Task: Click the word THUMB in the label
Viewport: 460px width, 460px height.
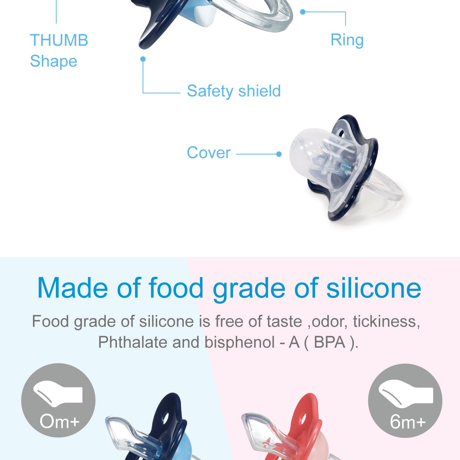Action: tap(59, 40)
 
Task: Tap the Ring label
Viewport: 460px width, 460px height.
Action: tap(347, 40)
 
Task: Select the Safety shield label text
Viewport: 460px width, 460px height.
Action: tap(234, 91)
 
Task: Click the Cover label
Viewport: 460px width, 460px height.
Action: tap(209, 153)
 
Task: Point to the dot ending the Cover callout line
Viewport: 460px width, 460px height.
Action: tap(279, 154)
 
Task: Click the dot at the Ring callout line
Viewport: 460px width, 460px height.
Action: tap(302, 12)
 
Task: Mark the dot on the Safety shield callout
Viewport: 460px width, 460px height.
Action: tap(143, 59)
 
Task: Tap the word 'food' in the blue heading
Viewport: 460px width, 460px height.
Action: tap(176, 288)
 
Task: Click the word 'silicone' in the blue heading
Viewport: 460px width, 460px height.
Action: tap(374, 288)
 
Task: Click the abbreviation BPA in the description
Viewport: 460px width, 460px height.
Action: tap(329, 342)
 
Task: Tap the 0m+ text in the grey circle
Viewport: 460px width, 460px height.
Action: tap(59, 422)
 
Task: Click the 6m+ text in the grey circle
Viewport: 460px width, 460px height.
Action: tap(407, 422)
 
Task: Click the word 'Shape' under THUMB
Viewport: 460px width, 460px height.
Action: tap(54, 61)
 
